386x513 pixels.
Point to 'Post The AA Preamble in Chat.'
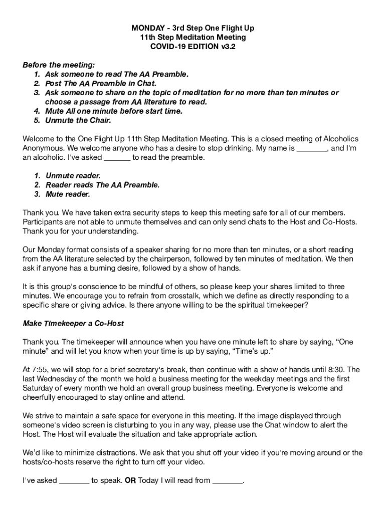(x=101, y=84)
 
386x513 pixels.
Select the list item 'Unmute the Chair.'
(x=78, y=120)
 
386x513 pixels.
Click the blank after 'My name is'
(x=312, y=149)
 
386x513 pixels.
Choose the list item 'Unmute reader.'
(x=73, y=176)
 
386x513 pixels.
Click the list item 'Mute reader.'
(x=68, y=194)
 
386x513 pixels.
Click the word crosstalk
(x=164, y=296)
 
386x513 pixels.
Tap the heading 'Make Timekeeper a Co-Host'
(x=73, y=323)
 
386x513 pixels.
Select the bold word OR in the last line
(x=130, y=480)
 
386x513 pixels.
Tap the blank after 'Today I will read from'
(x=228, y=481)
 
